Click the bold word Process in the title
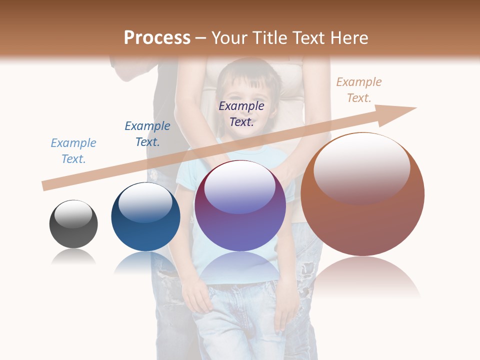157,38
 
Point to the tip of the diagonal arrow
415,108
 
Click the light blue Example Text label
73,151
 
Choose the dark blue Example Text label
147,134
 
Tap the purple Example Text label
241,114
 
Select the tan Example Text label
359,90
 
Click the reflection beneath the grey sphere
73,257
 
